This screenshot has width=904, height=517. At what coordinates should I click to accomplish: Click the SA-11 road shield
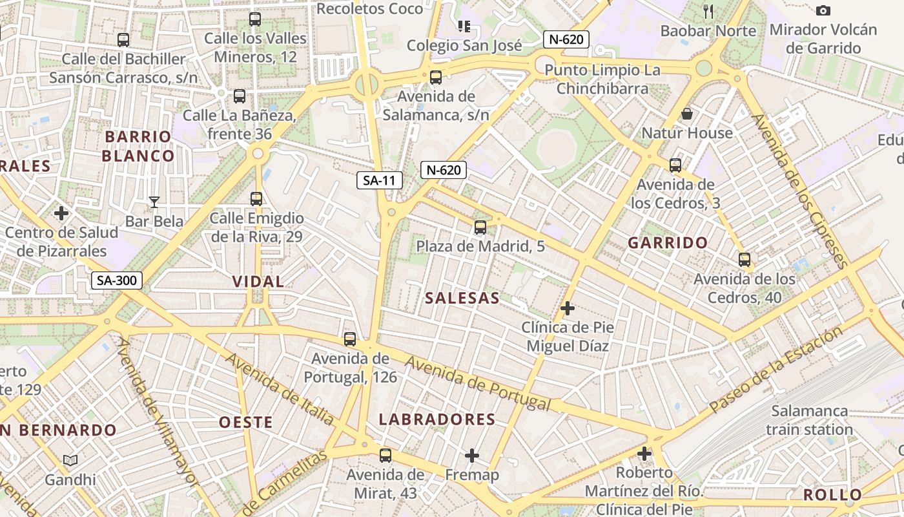click(379, 180)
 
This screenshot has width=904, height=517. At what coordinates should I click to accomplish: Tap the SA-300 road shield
click(116, 280)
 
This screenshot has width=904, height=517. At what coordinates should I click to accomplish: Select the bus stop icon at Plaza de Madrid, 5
click(480, 227)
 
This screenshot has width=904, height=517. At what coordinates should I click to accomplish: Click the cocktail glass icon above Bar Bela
click(154, 202)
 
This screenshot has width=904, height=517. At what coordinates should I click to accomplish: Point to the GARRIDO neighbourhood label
click(668, 243)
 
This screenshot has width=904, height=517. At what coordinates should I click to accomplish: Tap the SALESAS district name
click(462, 298)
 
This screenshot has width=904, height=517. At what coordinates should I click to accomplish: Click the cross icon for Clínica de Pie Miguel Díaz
click(568, 308)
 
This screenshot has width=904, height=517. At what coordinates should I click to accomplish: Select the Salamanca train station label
click(810, 420)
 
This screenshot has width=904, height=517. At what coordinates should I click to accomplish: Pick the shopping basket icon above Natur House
click(687, 114)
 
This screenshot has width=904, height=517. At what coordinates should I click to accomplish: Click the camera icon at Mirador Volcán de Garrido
click(823, 10)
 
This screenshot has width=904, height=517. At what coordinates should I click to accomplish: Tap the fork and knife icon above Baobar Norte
click(708, 11)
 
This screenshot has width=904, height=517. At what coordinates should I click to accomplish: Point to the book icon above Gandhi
click(70, 460)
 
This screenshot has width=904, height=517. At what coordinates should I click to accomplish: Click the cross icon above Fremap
click(472, 456)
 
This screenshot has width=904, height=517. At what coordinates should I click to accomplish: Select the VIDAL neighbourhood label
click(258, 281)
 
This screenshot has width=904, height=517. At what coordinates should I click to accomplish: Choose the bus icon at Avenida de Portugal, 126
click(350, 339)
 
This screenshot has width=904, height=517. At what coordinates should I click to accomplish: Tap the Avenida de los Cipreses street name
click(799, 191)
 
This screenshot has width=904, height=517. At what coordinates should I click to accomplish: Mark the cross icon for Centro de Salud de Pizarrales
click(61, 213)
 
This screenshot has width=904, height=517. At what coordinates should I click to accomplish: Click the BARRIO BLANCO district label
click(138, 146)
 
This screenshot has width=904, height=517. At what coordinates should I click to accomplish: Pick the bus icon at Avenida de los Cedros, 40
click(745, 260)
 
